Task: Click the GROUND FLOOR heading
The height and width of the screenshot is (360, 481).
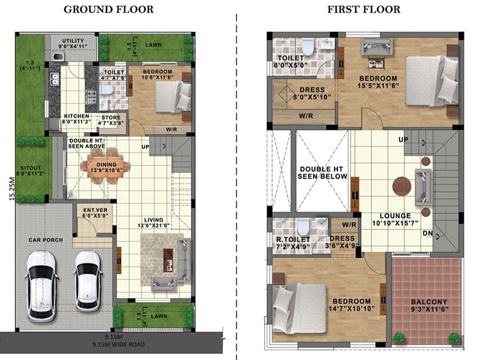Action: coord(108,9)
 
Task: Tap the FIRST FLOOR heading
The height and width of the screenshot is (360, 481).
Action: coord(364,9)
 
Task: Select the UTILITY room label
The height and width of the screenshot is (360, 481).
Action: coord(73,41)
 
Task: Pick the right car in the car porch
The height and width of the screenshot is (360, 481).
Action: coord(88,281)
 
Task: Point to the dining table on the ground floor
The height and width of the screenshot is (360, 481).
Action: coord(105,167)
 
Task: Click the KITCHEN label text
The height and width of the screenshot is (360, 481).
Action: coord(76,116)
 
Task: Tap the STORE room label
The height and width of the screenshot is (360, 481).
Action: coord(111,118)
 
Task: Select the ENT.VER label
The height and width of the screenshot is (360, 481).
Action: coord(95,210)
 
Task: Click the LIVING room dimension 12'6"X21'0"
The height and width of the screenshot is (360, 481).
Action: coord(154,226)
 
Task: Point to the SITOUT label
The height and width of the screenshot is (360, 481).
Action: coord(31,168)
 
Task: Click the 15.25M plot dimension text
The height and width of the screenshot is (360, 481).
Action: coord(12,188)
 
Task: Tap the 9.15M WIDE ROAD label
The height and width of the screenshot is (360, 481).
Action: coord(118,345)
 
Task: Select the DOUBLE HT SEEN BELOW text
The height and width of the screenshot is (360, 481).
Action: coord(322,173)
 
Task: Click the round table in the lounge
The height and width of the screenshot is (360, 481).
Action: coord(402,186)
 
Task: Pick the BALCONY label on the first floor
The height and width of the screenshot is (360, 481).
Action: coord(429,302)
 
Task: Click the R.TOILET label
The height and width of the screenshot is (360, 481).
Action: coord(293,239)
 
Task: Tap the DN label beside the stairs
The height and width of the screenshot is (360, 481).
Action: coord(427,233)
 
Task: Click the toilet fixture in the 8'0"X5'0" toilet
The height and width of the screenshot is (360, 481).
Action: coord(307,47)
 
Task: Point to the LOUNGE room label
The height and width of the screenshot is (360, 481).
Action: coord(395,216)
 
